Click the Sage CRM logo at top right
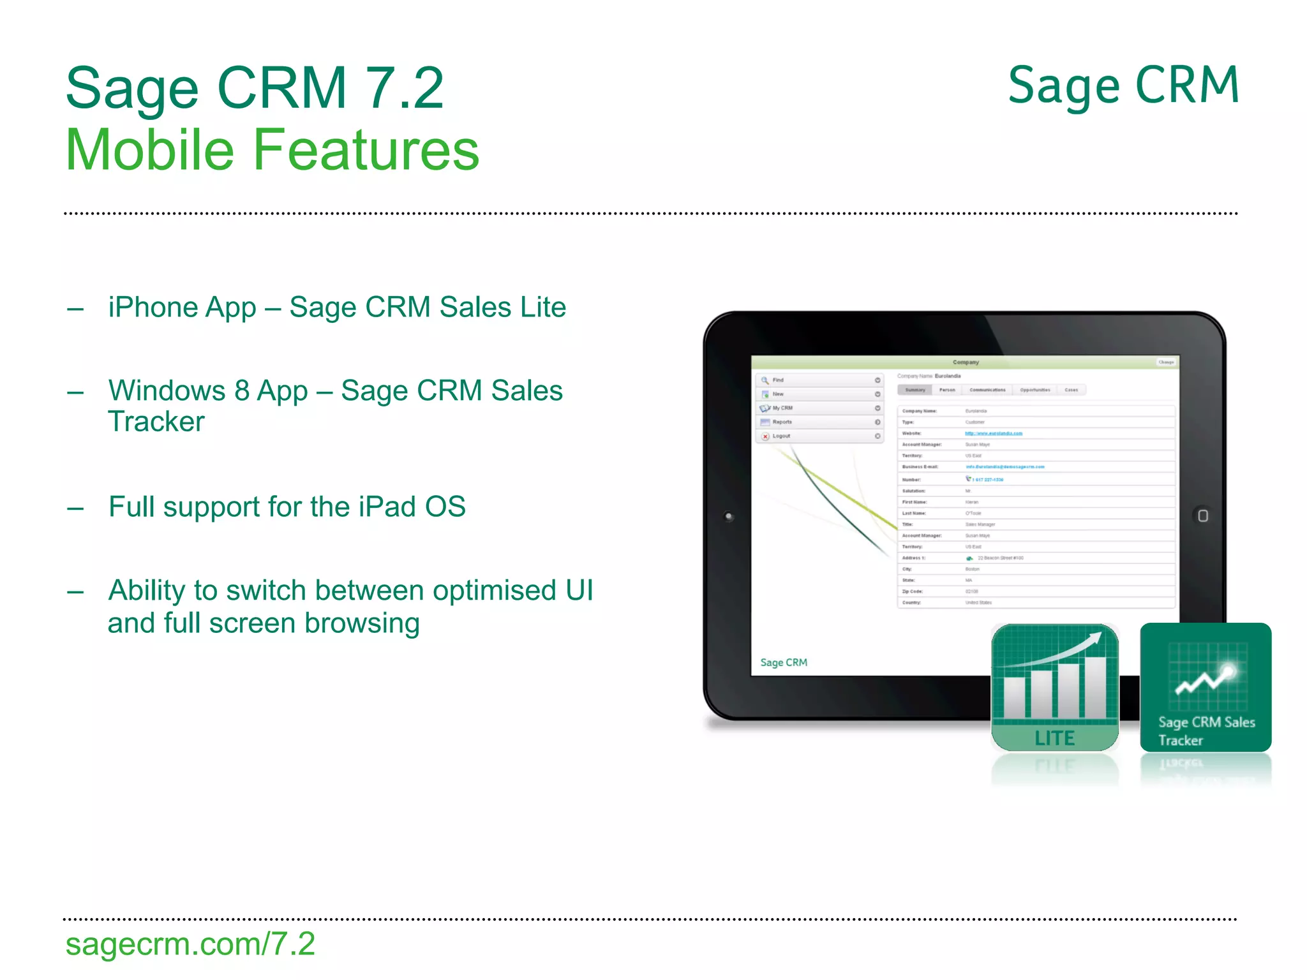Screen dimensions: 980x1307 pos(1123,87)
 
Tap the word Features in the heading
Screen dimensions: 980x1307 pos(366,151)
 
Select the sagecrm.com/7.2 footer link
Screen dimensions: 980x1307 pos(190,944)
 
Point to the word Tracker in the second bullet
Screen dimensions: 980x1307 pos(156,422)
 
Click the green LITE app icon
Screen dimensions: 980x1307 pos(1054,687)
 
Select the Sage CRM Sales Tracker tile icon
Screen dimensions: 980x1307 pos(1205,687)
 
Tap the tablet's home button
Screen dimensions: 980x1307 pos(1202,516)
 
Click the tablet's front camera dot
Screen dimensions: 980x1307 pos(729,516)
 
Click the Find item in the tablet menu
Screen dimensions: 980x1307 pos(778,380)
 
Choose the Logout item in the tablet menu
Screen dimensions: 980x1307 pos(781,436)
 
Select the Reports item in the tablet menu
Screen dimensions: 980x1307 pos(782,422)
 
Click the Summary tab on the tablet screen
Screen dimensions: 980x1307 pos(915,390)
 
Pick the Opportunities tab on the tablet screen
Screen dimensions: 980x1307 pos(1034,390)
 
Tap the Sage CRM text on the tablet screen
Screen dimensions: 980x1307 pos(784,663)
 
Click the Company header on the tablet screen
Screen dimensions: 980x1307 pos(966,362)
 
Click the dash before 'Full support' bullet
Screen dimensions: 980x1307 pos(75,509)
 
